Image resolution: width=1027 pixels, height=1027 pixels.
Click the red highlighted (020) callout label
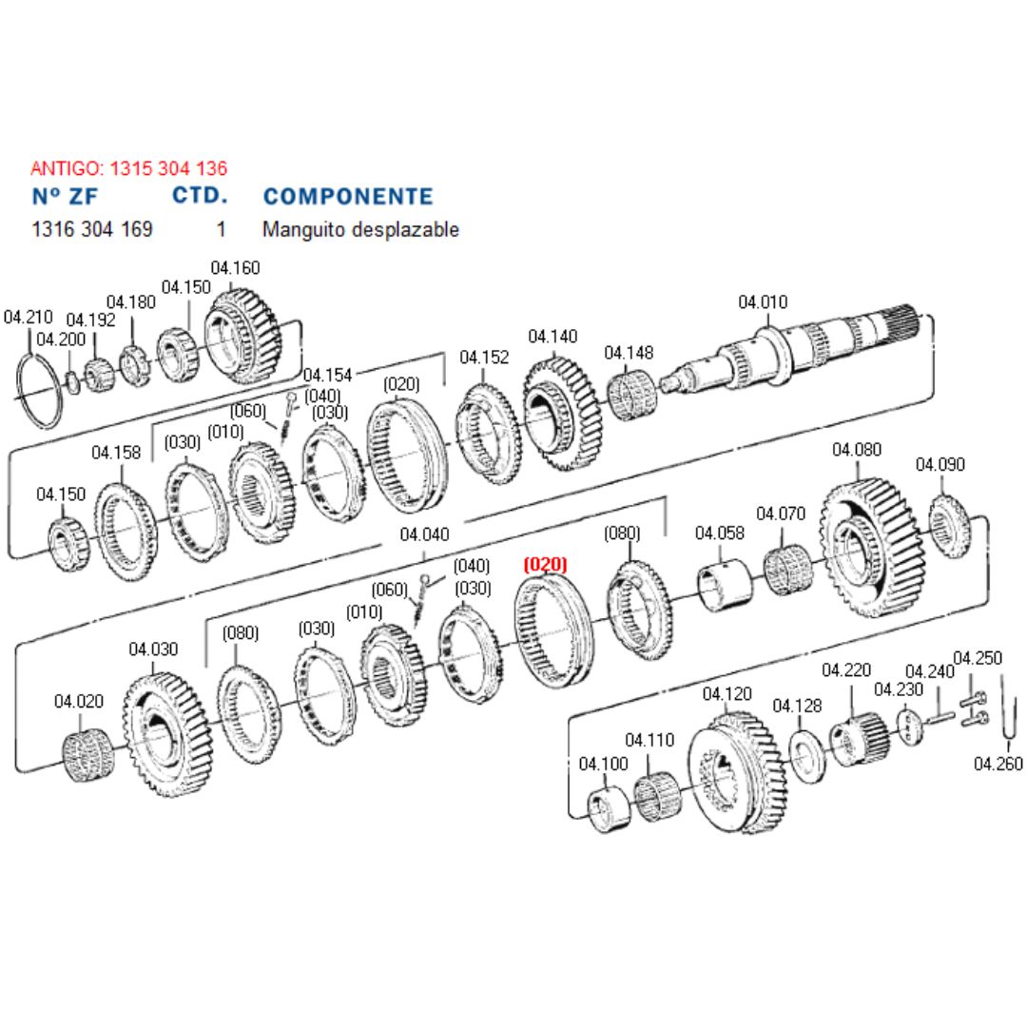[x=545, y=565]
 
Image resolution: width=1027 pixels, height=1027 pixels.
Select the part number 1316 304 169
[x=92, y=229]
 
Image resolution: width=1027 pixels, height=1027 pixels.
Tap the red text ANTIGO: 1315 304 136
[x=129, y=168]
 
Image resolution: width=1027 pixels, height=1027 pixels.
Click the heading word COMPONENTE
[x=348, y=197]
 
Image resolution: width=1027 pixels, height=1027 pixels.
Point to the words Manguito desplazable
[x=361, y=229]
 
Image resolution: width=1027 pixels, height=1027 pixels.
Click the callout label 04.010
[x=763, y=302]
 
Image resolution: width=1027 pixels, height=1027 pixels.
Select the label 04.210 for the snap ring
[x=29, y=317]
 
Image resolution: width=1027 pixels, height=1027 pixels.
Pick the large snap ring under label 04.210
[x=39, y=391]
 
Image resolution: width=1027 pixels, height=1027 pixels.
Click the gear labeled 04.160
[x=242, y=337]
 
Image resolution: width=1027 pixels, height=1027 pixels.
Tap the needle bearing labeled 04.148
[x=630, y=395]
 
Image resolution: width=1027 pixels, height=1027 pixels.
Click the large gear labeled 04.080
[x=871, y=548]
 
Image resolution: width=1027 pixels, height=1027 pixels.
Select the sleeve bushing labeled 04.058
[x=724, y=585]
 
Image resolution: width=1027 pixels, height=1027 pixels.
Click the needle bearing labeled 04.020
[x=88, y=754]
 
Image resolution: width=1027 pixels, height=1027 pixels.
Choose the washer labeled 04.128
[x=806, y=757]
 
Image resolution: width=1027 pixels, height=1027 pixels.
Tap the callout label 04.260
[x=998, y=764]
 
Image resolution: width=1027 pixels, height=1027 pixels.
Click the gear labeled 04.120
[x=737, y=773]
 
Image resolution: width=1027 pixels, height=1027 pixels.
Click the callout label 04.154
[x=327, y=376]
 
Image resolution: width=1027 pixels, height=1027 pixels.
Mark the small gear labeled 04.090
[x=949, y=526]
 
